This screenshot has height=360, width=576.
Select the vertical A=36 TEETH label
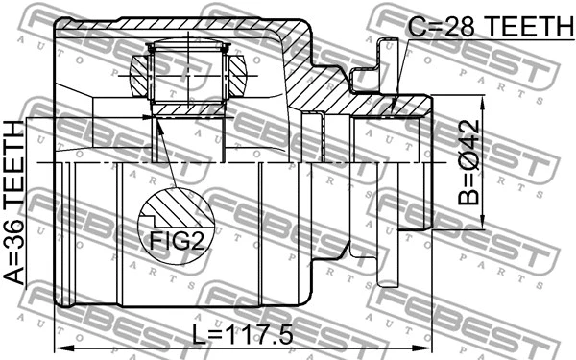[x=16, y=203]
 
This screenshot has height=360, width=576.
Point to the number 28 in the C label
[x=448, y=27]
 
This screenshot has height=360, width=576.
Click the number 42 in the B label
[x=469, y=135]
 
